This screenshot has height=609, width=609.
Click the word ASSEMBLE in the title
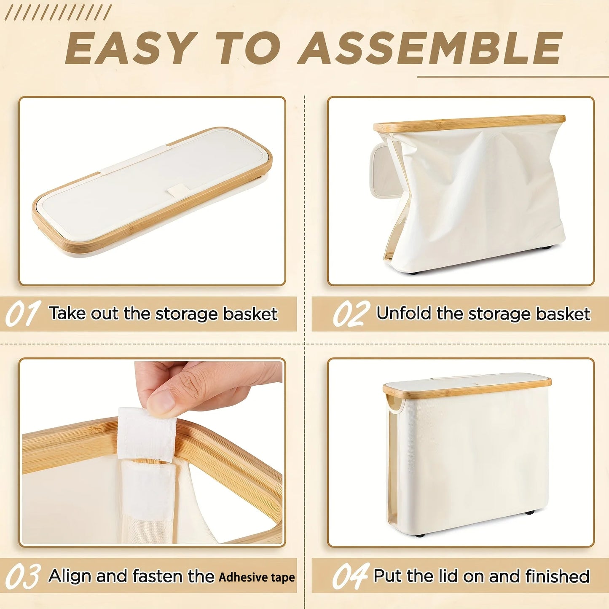click(x=430, y=48)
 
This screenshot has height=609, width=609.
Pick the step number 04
click(x=351, y=576)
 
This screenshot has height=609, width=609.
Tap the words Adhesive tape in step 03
click(x=257, y=577)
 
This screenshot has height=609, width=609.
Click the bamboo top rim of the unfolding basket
click(x=469, y=123)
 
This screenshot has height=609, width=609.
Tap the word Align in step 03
click(x=70, y=576)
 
